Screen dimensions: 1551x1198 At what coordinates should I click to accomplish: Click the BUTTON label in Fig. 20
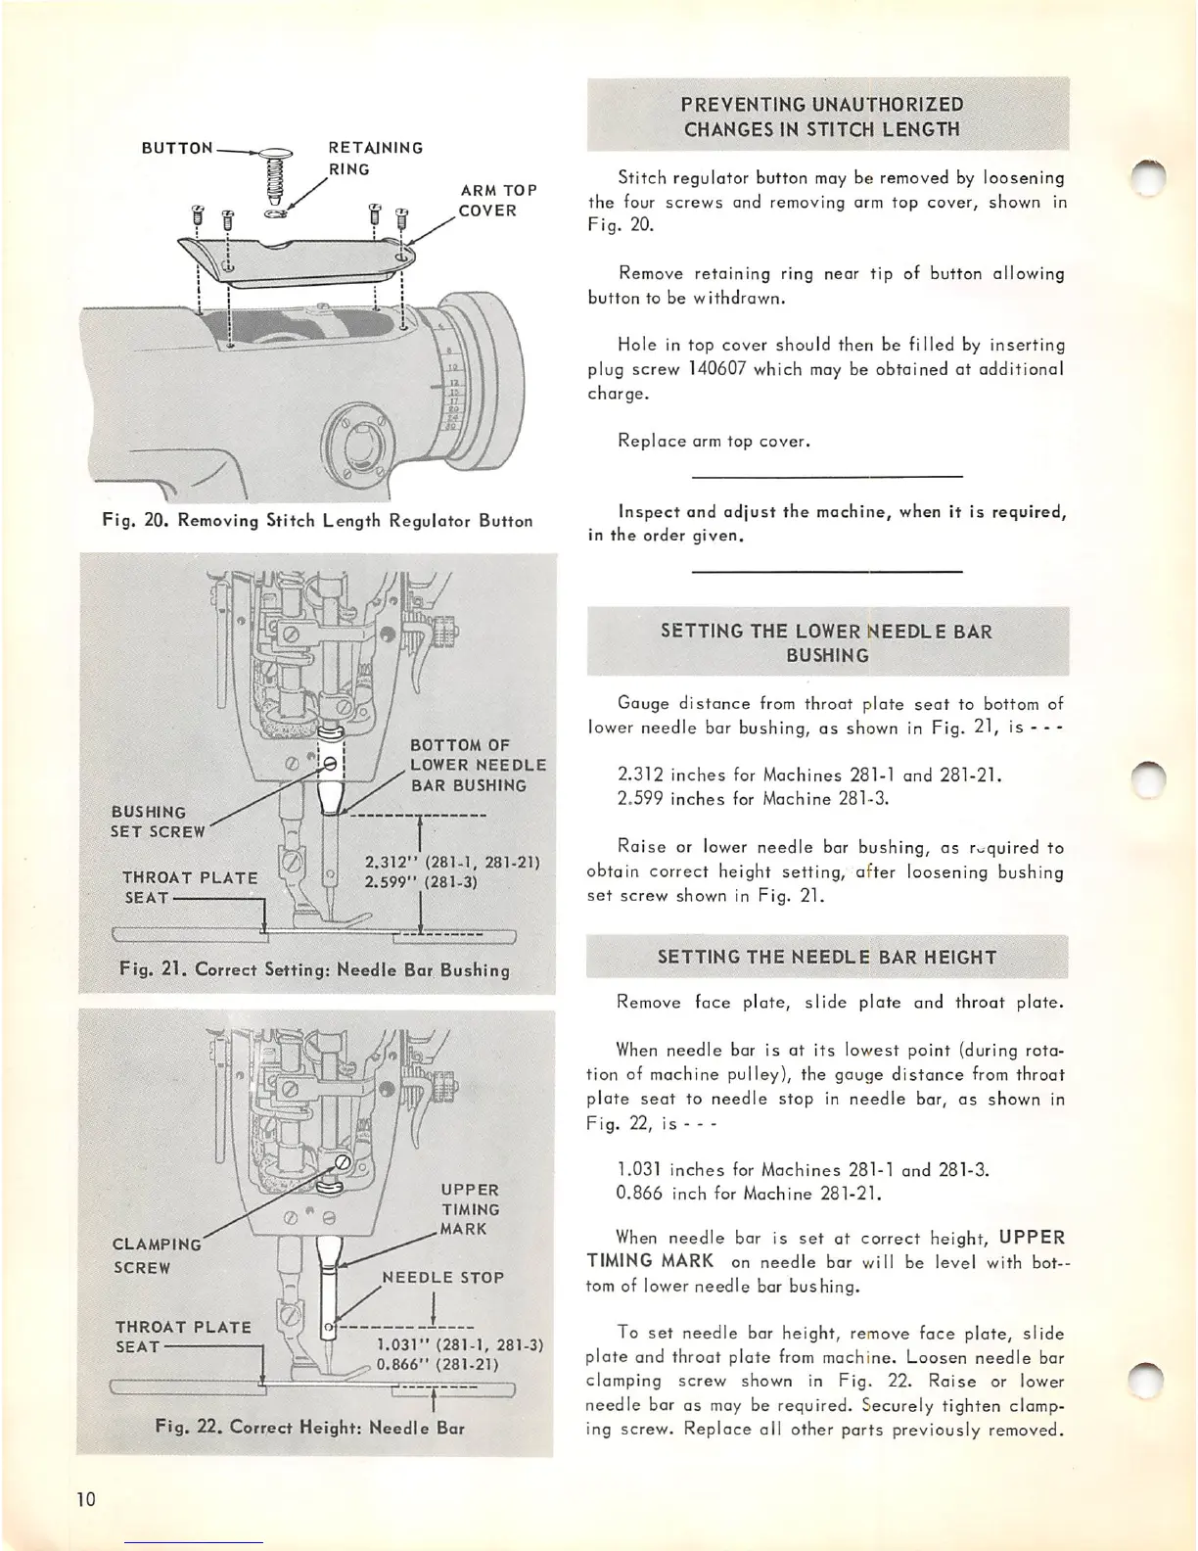(x=176, y=148)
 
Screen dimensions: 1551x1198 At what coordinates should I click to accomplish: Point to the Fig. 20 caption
(x=317, y=521)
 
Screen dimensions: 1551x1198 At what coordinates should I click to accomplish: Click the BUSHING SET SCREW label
(x=158, y=822)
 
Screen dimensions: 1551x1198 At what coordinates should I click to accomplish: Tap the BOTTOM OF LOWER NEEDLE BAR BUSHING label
(x=477, y=765)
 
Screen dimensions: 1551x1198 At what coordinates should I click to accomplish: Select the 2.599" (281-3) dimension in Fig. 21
(x=420, y=881)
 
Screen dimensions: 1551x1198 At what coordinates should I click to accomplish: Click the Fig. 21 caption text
(x=314, y=970)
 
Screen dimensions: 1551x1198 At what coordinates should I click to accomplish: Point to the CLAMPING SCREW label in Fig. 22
(x=157, y=1255)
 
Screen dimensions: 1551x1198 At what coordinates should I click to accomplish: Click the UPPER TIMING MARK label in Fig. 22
(x=470, y=1209)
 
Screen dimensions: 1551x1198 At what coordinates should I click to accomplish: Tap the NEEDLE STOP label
(x=442, y=1278)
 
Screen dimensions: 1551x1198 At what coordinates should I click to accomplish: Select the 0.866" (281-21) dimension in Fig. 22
(x=438, y=1364)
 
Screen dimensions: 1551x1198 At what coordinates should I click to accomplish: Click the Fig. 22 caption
(x=310, y=1427)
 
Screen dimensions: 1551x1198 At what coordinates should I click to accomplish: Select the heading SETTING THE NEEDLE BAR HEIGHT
(x=827, y=957)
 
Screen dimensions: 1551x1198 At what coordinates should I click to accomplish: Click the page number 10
(x=87, y=1499)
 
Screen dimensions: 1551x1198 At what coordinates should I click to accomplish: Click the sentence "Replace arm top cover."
(x=714, y=441)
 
